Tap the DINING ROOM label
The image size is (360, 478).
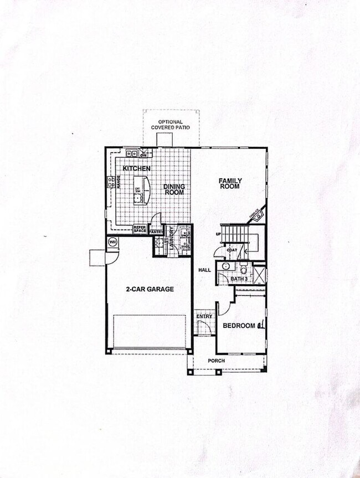click(x=174, y=189)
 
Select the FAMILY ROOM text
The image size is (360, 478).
click(x=229, y=184)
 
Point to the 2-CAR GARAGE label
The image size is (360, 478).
click(x=150, y=289)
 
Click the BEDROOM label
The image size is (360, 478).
click(x=239, y=326)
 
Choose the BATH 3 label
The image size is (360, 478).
click(x=239, y=279)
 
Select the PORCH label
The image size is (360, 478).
click(x=216, y=361)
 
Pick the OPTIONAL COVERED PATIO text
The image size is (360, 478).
click(x=171, y=125)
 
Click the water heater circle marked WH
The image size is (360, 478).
click(x=112, y=241)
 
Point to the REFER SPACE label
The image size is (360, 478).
click(x=140, y=229)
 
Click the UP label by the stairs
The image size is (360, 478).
click(x=218, y=235)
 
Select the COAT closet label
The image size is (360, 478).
click(x=232, y=250)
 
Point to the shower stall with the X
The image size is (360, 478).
click(x=259, y=274)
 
